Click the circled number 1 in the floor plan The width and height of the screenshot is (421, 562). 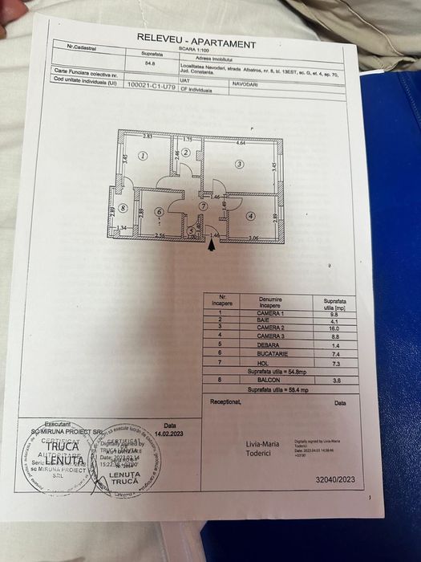coord(143,157)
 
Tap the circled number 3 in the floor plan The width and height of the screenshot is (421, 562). coord(239,164)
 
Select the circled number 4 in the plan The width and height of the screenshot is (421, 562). coord(251,215)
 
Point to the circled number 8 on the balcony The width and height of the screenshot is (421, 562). coord(123,209)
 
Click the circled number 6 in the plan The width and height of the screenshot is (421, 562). coord(160,213)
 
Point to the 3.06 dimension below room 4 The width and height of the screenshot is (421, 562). coord(253,238)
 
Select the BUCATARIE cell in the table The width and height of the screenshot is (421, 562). coord(273,353)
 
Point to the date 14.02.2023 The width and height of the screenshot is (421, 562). coord(169,433)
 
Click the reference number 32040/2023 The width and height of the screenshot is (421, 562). coord(335,479)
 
